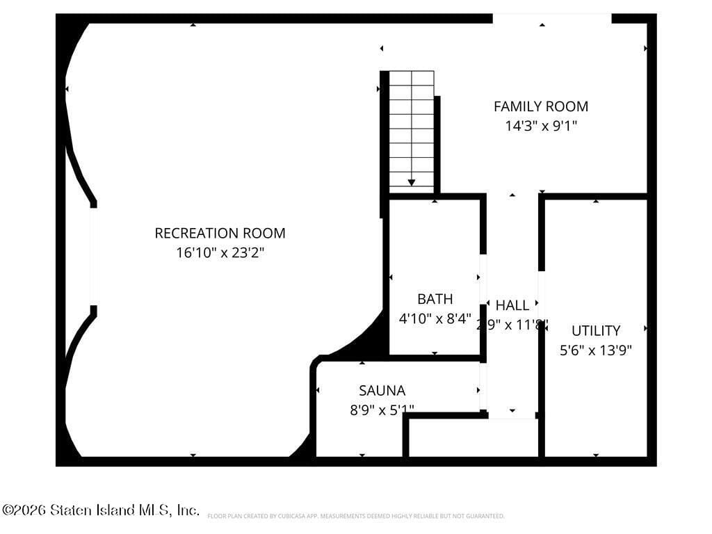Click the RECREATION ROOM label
click(x=220, y=233)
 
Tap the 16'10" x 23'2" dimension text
click(x=220, y=252)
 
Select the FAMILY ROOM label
click(x=540, y=106)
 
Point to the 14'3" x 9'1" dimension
click(x=540, y=126)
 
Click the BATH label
click(x=435, y=299)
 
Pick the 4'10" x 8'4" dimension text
click(x=435, y=318)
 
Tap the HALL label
click(x=512, y=305)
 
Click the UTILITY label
click(x=595, y=330)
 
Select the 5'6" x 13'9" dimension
click(x=595, y=350)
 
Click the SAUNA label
click(x=382, y=390)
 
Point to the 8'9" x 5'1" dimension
click(x=382, y=410)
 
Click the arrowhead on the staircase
click(x=412, y=182)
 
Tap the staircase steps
click(x=412, y=125)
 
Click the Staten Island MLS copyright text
click(x=101, y=510)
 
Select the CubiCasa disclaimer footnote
click(x=355, y=516)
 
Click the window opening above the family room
click(x=552, y=18)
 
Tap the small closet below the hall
click(x=473, y=437)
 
